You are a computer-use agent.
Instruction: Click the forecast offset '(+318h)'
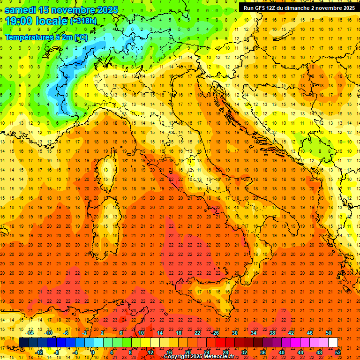click(83, 21)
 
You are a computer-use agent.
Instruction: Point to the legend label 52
click(338, 352)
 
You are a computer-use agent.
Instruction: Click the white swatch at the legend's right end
click(333, 342)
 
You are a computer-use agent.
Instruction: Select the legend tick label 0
click(93, 352)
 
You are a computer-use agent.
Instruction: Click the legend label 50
click(328, 333)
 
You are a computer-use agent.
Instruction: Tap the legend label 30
click(234, 333)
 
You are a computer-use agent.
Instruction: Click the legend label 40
click(282, 352)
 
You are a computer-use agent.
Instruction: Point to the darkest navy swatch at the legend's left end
click(23, 342)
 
